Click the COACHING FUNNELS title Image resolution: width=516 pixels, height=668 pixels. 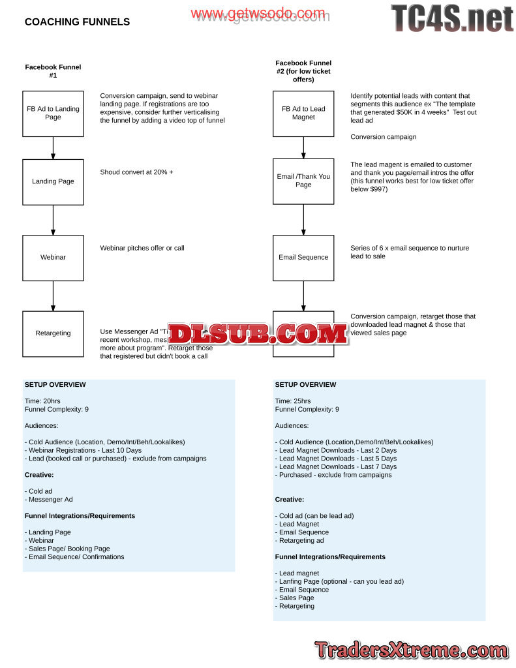77,22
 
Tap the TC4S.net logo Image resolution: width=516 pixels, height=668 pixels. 451,18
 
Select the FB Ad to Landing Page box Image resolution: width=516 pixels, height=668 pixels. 53,114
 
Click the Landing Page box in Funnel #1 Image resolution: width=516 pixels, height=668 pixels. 53,181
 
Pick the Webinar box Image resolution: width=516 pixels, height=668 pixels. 53,257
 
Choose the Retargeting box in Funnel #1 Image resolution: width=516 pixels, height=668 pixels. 53,333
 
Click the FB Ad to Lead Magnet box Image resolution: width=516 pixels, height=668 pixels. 303,114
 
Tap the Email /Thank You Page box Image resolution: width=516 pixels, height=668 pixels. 303,181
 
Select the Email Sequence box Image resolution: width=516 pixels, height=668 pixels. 303,257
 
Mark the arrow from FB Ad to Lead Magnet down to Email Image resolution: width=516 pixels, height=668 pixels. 303,147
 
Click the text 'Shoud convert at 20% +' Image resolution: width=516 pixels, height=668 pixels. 136,172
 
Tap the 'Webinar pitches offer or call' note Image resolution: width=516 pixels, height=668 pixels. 142,249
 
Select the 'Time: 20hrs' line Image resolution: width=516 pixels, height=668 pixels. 42,401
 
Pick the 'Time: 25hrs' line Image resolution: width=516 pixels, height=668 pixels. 293,401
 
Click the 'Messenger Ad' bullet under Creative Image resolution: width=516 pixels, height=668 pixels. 50,500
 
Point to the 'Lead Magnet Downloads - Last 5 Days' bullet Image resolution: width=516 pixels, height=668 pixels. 337,459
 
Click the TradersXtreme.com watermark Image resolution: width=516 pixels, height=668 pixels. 411,650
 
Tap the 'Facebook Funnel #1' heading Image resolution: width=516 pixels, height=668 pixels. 53,71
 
